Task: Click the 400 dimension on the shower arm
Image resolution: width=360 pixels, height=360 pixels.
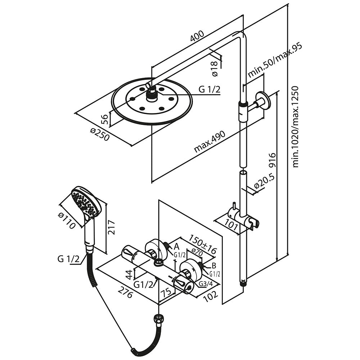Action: click(197, 36)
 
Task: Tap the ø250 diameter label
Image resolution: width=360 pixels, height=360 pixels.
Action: click(100, 135)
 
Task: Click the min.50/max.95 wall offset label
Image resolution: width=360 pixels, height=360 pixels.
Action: click(274, 60)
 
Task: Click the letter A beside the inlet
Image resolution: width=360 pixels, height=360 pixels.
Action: click(176, 247)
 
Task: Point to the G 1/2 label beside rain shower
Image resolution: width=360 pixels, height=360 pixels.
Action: click(209, 89)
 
